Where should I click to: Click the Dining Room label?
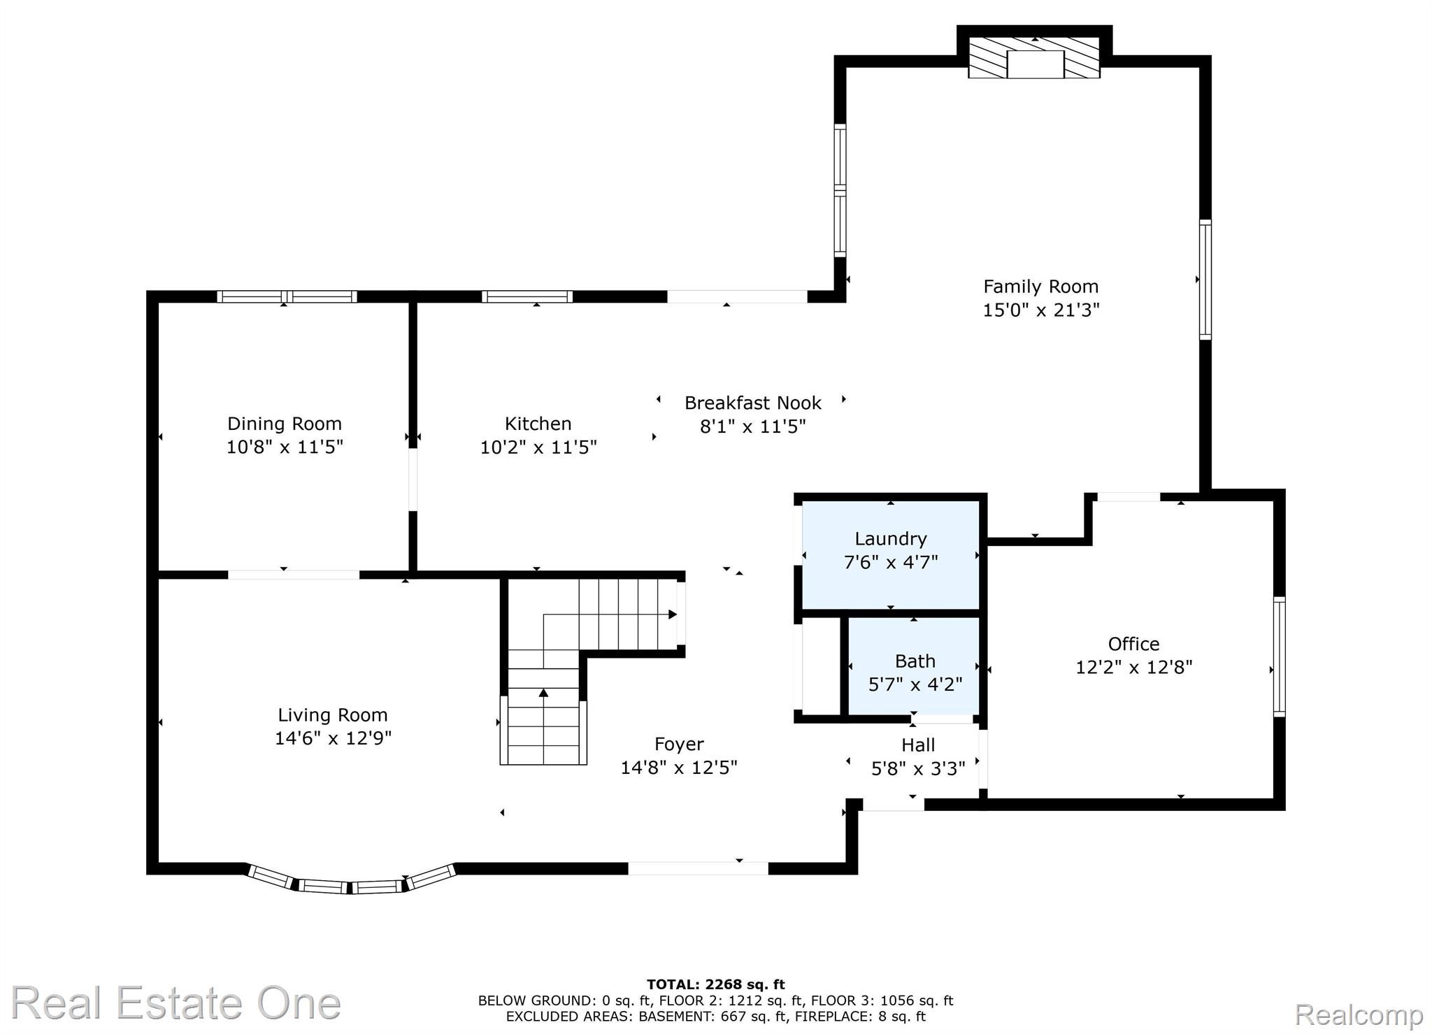(285, 424)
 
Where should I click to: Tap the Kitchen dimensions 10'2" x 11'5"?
(538, 447)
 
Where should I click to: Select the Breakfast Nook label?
(753, 403)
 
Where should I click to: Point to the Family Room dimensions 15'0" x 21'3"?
(1041, 310)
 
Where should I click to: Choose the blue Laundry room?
(890, 555)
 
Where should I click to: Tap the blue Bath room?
(914, 666)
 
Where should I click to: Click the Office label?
(1133, 644)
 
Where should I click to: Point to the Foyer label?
(679, 745)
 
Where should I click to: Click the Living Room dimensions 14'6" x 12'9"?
(333, 738)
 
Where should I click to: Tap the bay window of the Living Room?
(352, 881)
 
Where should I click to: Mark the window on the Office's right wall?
(1279, 656)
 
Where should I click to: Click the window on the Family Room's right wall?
(1205, 280)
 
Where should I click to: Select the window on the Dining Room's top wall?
(287, 296)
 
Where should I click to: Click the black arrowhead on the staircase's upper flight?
(672, 615)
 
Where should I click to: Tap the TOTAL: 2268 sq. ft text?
(716, 985)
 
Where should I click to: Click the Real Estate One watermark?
(176, 1003)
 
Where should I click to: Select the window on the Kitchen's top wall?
(527, 296)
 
